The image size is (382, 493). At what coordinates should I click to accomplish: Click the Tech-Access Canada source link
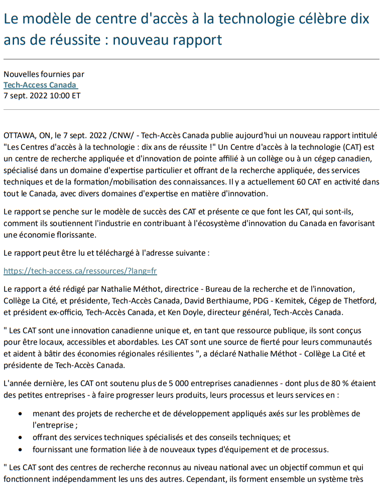[x=40, y=85]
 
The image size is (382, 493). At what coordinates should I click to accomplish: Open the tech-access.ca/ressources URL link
[x=80, y=271]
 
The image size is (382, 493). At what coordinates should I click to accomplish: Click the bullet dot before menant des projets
[x=20, y=414]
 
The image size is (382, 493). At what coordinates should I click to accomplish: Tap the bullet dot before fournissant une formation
[x=20, y=449]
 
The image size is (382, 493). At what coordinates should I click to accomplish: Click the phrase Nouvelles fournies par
[x=44, y=75]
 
